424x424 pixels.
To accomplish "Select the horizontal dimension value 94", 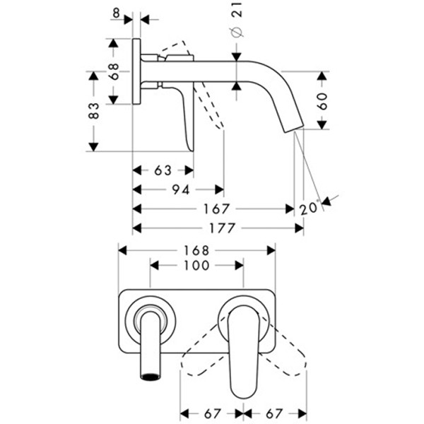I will coord(180,189).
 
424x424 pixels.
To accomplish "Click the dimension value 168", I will coord(196,250).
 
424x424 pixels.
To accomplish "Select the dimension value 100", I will coord(196,266).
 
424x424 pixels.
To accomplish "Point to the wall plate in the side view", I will coord(136,71).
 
